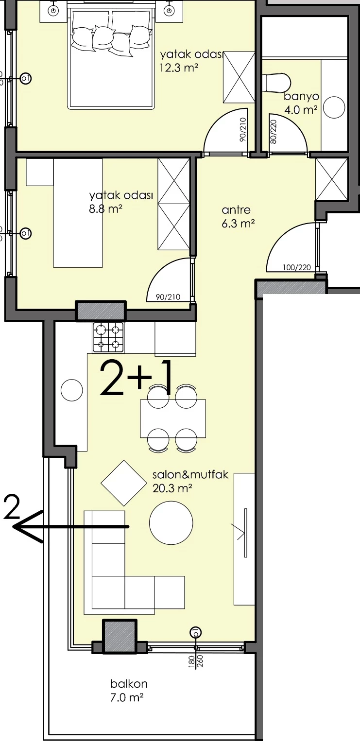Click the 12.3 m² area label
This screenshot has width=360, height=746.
179,68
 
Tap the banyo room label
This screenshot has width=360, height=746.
301,97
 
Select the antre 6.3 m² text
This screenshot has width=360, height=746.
238,216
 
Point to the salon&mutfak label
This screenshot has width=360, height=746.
190,474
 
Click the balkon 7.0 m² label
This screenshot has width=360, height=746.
129,691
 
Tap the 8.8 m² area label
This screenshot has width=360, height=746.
106,209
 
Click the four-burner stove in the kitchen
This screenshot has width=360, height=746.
108,337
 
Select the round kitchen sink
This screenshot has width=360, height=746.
71,390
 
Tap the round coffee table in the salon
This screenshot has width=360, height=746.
171,522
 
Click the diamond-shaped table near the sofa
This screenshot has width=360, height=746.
124,483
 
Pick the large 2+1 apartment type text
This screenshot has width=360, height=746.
136,378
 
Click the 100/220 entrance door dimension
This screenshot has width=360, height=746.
297,267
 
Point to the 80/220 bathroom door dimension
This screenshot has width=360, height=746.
274,131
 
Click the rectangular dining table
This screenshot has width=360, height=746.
173,418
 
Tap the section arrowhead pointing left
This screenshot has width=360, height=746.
27,526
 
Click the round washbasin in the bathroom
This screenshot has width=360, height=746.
334,107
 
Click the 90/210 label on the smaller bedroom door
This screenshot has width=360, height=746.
168,296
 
